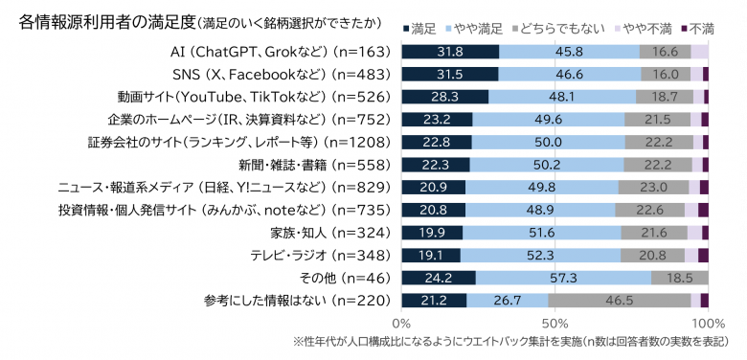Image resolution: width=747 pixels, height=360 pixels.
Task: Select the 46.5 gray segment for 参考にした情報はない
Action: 620,301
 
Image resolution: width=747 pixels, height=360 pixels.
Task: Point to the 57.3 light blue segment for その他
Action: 563,278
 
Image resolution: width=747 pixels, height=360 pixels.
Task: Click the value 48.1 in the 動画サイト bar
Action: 562,97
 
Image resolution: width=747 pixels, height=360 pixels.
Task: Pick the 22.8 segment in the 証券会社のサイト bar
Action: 437,142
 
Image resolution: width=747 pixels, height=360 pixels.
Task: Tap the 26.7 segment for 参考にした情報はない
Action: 508,301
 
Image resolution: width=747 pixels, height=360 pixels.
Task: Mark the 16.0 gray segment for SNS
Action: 666,74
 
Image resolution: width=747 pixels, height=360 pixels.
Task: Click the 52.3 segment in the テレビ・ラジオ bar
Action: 540,256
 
